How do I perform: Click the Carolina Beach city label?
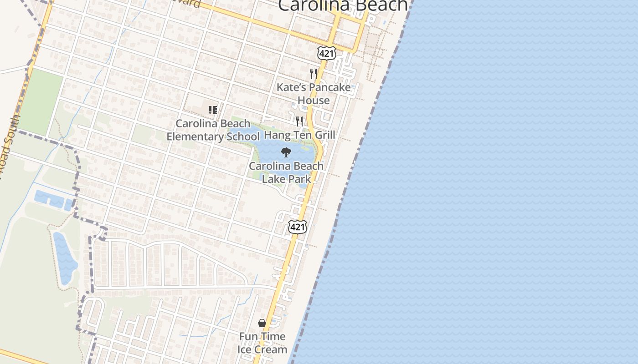point(343,5)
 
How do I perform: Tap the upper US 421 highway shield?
point(327,53)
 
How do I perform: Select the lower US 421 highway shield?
point(298,227)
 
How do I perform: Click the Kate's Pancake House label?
point(314,94)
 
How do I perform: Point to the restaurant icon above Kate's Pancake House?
point(313,73)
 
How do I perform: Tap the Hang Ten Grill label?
point(299,135)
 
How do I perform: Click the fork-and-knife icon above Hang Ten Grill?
point(299,121)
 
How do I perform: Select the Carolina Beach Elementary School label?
point(213,130)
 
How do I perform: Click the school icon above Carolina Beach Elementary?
point(212,110)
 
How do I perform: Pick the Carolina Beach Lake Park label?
point(286,172)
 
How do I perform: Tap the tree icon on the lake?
point(286,152)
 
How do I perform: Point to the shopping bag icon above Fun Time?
point(262,323)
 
